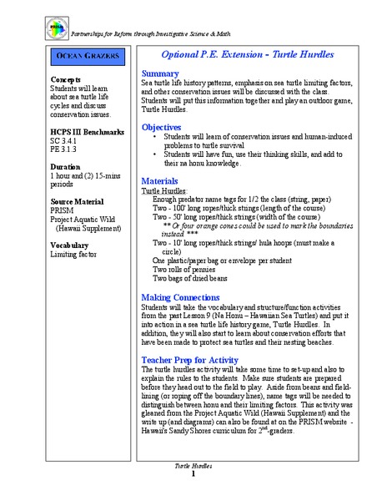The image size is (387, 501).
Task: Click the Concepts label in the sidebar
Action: (x=65, y=79)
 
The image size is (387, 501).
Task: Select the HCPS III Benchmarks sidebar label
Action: (x=87, y=132)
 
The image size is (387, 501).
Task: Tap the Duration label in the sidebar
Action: (x=66, y=165)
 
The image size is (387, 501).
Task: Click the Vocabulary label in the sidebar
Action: (x=70, y=245)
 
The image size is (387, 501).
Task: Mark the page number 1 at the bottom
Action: (x=193, y=474)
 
